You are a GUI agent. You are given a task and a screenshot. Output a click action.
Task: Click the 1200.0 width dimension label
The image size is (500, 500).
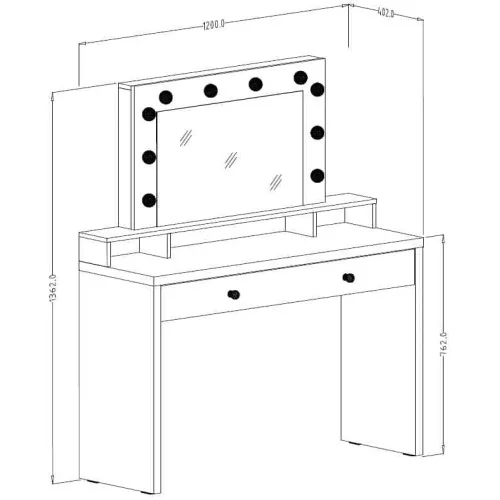214,25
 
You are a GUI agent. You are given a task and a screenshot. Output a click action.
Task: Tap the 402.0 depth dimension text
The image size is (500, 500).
386,13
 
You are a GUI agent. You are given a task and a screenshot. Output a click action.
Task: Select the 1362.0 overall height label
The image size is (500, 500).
53,288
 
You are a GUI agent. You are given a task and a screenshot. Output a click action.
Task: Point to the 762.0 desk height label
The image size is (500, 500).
444,345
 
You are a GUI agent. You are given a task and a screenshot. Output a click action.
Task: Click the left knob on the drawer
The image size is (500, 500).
234,295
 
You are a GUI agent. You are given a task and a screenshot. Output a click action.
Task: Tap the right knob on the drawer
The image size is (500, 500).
348,278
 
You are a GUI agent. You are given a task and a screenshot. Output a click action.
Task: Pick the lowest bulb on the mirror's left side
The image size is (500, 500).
149,200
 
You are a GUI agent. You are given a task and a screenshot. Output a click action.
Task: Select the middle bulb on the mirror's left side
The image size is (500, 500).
149,157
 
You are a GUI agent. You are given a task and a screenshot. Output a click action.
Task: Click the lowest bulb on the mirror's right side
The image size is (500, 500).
317,176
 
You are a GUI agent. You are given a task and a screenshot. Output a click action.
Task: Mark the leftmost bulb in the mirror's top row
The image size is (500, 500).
166,97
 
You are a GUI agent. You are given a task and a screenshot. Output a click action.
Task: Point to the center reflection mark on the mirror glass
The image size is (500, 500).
231,160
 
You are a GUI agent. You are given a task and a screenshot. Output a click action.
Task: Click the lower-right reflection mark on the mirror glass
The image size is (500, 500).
276,182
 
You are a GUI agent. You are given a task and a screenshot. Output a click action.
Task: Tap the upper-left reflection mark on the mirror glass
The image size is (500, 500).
186,137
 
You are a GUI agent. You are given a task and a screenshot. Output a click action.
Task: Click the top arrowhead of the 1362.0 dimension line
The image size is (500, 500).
53,96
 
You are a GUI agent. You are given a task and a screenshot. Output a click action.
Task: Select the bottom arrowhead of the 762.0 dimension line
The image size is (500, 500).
443,447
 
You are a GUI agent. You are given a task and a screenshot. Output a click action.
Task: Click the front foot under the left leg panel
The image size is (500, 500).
147,492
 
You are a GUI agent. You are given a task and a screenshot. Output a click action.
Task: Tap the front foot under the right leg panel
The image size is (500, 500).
409,454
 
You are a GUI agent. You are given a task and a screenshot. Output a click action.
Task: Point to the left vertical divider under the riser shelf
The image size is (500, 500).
168,246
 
